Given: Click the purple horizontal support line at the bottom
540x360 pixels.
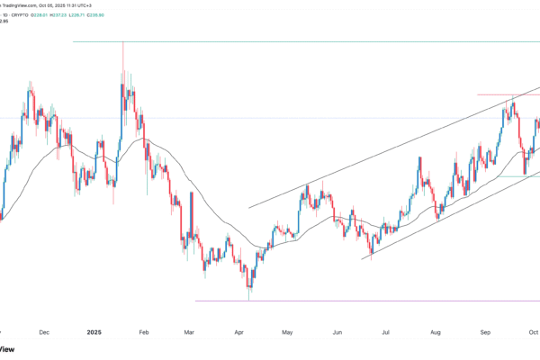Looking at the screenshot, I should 360,301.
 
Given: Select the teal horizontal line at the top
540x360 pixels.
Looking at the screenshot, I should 270,41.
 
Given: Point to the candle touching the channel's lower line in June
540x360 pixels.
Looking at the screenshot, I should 372,257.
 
